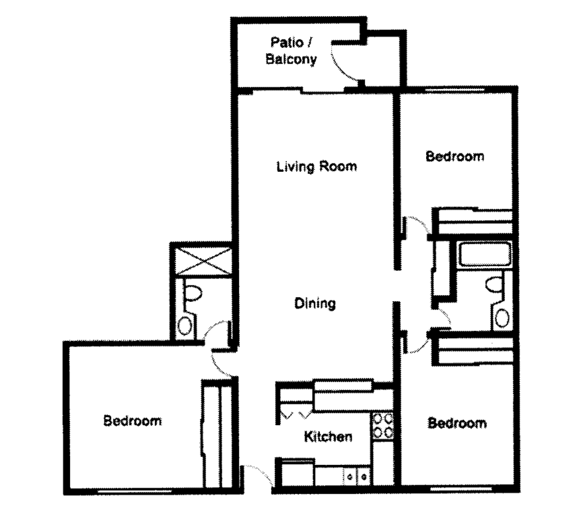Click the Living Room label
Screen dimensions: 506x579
point(316,167)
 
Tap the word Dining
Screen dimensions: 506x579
point(315,304)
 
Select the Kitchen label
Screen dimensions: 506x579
point(328,437)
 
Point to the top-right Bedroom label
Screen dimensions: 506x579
point(455,157)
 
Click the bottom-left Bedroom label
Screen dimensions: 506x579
point(132,421)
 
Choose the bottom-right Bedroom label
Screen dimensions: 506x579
point(457,423)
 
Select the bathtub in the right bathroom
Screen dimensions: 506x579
point(484,255)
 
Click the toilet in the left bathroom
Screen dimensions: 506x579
point(194,293)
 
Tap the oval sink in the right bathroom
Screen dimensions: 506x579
point(503,317)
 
